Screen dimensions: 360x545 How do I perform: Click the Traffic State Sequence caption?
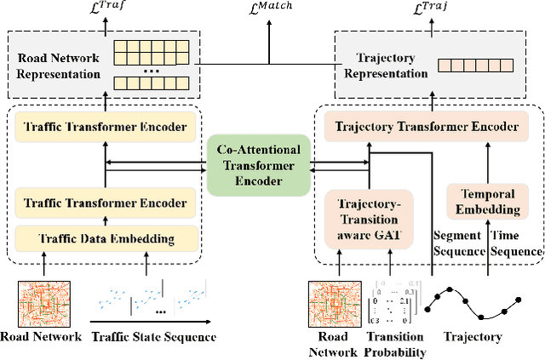coord(153,337)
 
